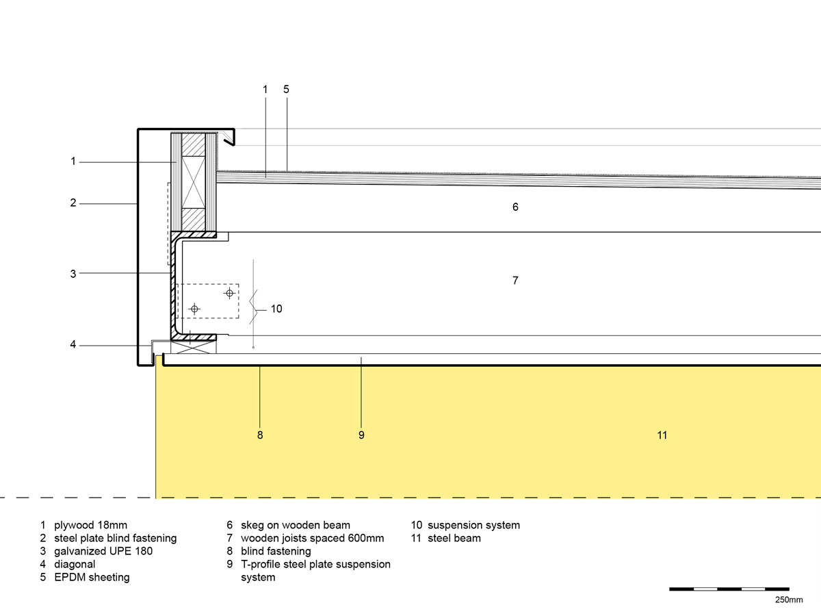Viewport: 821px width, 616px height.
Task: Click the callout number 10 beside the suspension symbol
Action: click(276, 309)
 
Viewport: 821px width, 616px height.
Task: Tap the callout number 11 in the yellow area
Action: click(662, 435)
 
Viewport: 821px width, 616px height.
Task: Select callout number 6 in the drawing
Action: click(515, 207)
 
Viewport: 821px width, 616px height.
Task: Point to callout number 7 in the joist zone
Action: click(515, 281)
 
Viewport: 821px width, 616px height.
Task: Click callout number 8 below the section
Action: click(260, 435)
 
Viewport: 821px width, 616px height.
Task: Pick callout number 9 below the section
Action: click(361, 435)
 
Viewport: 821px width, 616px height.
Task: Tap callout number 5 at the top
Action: click(287, 89)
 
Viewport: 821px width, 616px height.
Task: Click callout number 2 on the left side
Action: click(73, 203)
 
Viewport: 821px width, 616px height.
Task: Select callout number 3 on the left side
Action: click(73, 274)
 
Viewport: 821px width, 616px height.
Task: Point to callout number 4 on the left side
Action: click(73, 345)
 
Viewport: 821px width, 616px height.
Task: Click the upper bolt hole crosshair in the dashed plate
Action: click(229, 293)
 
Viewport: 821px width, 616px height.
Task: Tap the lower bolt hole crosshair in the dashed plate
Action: click(195, 309)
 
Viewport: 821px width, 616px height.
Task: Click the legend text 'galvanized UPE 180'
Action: click(103, 551)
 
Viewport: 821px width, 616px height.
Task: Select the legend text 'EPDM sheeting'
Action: click(92, 577)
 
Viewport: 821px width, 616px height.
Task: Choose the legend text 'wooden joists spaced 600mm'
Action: click(312, 538)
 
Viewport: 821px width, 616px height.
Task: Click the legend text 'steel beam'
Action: click(454, 538)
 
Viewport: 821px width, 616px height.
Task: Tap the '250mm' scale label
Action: click(789, 600)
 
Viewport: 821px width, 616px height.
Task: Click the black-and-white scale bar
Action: click(729, 589)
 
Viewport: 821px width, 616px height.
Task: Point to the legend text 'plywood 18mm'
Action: click(91, 525)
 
